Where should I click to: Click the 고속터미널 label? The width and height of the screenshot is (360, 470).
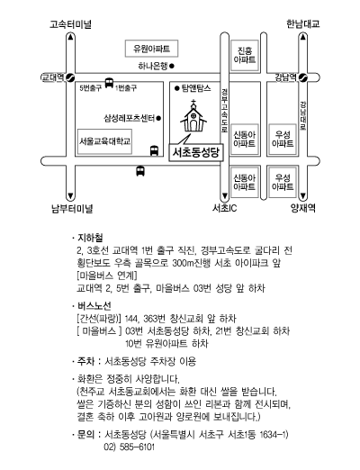pos(70,24)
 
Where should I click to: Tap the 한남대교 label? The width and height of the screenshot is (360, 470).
pos(303,23)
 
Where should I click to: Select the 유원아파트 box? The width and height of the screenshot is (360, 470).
pos(151,49)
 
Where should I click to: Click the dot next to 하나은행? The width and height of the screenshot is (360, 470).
pos(172,66)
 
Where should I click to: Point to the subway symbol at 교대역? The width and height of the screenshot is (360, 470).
pos(70,77)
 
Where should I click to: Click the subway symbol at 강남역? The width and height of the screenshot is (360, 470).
pos(303,77)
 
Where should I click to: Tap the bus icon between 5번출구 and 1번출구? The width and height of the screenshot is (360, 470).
pos(109,83)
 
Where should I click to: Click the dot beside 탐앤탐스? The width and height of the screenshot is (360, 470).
pos(177,88)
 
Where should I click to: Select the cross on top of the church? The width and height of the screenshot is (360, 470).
pos(193,102)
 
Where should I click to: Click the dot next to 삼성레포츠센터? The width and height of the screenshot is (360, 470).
pos(158,118)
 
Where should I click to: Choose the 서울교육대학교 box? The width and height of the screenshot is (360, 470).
pos(104,141)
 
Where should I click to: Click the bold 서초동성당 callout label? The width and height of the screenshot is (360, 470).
pos(196,152)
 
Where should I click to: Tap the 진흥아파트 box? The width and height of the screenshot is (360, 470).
pos(245,55)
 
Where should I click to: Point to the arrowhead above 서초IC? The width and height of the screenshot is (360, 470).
pos(224,197)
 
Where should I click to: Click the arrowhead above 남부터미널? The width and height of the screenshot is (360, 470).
pos(70,196)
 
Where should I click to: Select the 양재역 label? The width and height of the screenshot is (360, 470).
pos(303,208)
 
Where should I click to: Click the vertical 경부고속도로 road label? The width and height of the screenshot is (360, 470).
pos(224,111)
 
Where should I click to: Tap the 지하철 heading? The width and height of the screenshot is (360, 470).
pos(90,238)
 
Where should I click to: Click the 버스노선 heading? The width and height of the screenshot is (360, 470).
pos(94,306)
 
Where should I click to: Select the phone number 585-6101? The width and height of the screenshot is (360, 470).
pos(137,447)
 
